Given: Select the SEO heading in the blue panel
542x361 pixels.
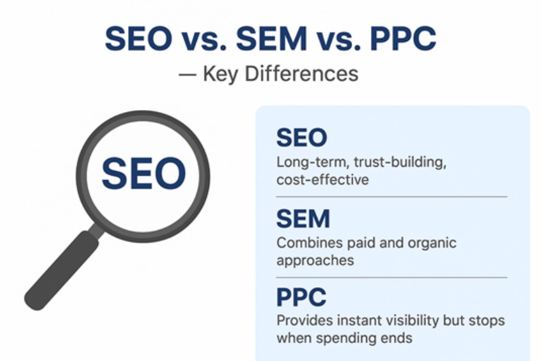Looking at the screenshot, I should point(301,138).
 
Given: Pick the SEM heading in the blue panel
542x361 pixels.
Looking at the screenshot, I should point(303,220).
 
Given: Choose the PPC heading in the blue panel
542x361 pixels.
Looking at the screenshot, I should point(301,297).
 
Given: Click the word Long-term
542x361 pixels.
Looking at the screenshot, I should point(304,162).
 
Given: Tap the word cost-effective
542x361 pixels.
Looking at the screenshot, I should point(322,180).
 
